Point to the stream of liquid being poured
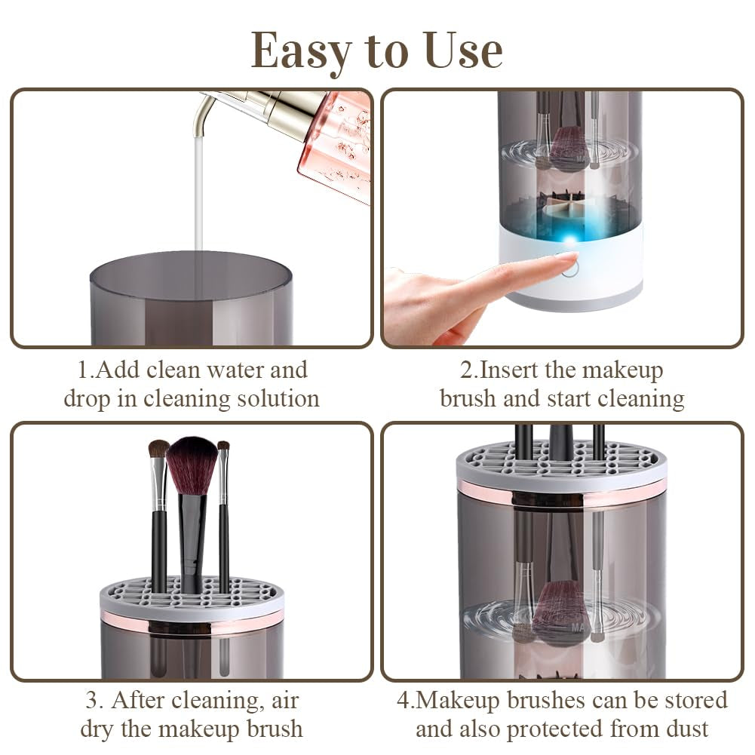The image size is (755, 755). tap(199, 196)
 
